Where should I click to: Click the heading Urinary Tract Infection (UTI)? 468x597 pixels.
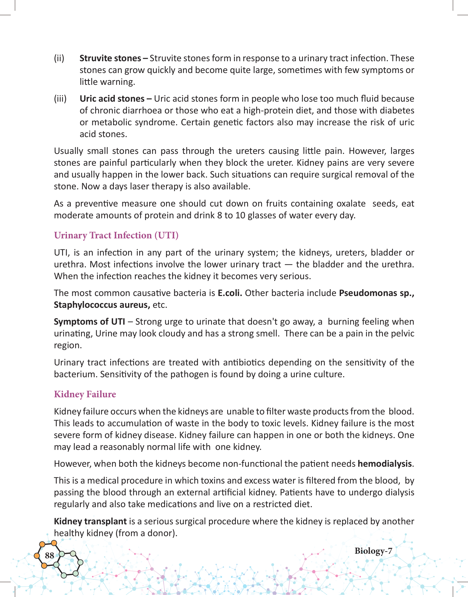[x=116, y=235]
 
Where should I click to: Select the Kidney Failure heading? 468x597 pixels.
[x=85, y=394]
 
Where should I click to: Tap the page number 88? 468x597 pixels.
[x=49, y=555]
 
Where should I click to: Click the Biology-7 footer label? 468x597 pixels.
[x=373, y=551]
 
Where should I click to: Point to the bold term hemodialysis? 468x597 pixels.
[x=385, y=463]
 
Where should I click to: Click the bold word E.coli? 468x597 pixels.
[x=230, y=293]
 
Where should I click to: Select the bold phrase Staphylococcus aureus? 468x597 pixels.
[x=102, y=305]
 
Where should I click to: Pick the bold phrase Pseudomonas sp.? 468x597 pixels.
[x=376, y=293]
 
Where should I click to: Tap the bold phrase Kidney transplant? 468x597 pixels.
[x=90, y=521]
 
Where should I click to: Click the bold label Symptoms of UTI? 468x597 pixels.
[x=89, y=321]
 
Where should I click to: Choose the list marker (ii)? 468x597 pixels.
[x=59, y=58]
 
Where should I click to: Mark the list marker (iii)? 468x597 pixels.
[x=60, y=98]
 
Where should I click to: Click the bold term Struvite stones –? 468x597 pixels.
[x=113, y=58]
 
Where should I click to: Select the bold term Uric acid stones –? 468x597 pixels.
[x=116, y=98]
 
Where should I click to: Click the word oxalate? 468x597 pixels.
[x=351, y=203]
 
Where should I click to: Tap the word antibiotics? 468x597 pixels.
[x=244, y=362]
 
